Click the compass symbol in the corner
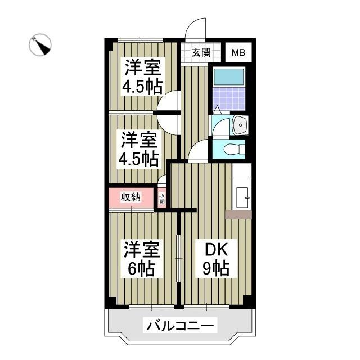click(x=40, y=45)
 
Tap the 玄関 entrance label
click(x=201, y=53)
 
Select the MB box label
click(x=239, y=53)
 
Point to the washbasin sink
click(x=240, y=124)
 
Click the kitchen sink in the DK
click(x=243, y=195)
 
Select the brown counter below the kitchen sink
click(x=238, y=214)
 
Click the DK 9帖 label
click(x=216, y=259)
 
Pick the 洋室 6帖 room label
click(x=143, y=259)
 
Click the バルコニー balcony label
click(x=180, y=325)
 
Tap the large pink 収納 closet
click(x=131, y=197)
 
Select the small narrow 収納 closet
click(x=162, y=197)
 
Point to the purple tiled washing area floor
click(x=228, y=97)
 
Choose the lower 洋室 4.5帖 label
click(x=138, y=149)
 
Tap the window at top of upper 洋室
click(x=140, y=39)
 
